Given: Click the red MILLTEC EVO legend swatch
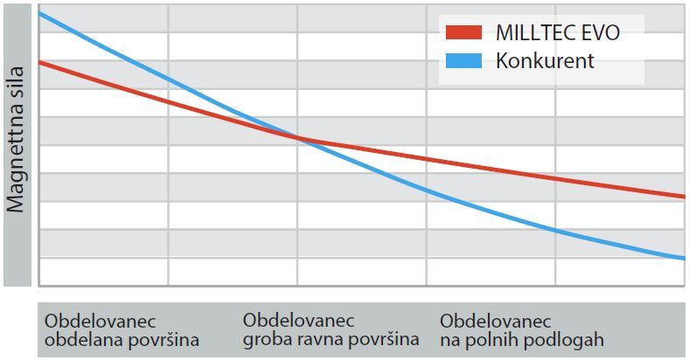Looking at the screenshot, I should (463, 33).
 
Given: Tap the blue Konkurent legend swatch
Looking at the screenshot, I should (463, 61).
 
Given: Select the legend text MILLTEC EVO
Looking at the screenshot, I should (557, 33).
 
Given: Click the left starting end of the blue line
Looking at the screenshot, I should (41, 13).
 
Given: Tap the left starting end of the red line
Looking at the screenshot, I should (41, 63).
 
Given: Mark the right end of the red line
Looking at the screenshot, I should (683, 197).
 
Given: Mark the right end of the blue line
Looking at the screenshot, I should (683, 258).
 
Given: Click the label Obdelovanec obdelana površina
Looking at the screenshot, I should (122, 329).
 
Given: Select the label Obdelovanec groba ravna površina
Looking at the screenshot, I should (331, 329).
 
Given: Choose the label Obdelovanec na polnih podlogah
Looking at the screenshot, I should (521, 329).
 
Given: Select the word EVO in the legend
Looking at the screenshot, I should (602, 33).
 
